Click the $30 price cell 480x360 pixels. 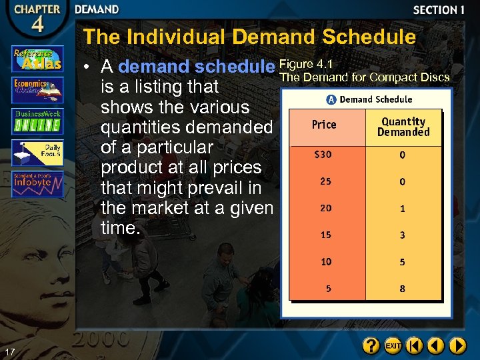(x=323, y=155)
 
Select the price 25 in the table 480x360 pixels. (x=325, y=181)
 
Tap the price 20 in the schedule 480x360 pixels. (x=325, y=208)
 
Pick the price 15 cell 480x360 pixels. (x=325, y=235)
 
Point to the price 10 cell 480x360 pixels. (x=325, y=262)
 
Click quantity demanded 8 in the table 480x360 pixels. (x=402, y=289)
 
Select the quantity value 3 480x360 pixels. (x=402, y=235)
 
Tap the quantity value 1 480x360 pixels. (x=402, y=209)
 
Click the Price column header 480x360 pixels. (x=324, y=125)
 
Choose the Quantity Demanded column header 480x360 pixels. (x=403, y=127)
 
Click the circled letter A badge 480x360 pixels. (x=331, y=99)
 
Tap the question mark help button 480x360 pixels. (x=371, y=346)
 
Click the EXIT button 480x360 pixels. (x=393, y=346)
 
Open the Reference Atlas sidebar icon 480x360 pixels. (x=37, y=59)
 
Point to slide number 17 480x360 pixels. (x=9, y=351)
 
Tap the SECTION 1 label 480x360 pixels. (x=438, y=10)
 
